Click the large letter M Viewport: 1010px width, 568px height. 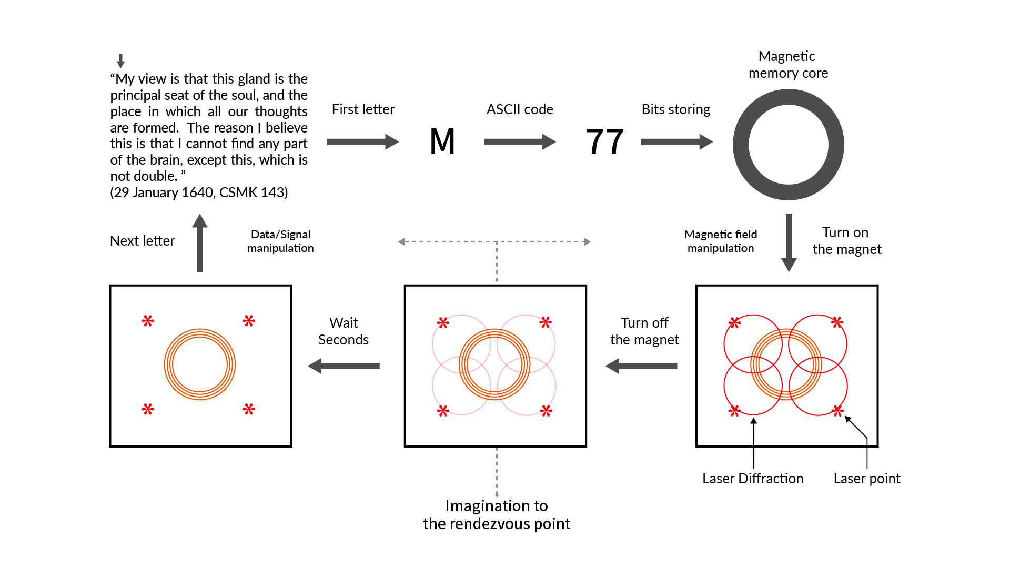coord(442,141)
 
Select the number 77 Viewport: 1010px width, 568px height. coord(604,141)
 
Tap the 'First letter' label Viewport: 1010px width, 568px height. coord(363,109)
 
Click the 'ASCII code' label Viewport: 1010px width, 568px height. coord(520,109)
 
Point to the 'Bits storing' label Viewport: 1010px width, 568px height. coord(675,109)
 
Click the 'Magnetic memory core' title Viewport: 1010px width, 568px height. coord(787,65)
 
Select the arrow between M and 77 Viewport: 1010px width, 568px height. coord(519,141)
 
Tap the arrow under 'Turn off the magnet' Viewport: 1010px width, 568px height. coord(641,366)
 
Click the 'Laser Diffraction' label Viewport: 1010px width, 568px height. coord(753,479)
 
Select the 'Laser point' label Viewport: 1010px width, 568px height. coord(866,479)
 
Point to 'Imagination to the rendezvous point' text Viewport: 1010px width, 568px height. coord(497,514)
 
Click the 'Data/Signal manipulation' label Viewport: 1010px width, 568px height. coord(280,241)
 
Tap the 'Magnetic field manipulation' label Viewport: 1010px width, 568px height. coord(721,241)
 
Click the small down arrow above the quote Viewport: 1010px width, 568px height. coord(120,60)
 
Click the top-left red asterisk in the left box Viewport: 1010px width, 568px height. coord(148,321)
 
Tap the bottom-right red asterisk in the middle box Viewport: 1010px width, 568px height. coord(546,411)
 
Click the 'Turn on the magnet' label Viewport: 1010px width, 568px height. coord(846,241)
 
